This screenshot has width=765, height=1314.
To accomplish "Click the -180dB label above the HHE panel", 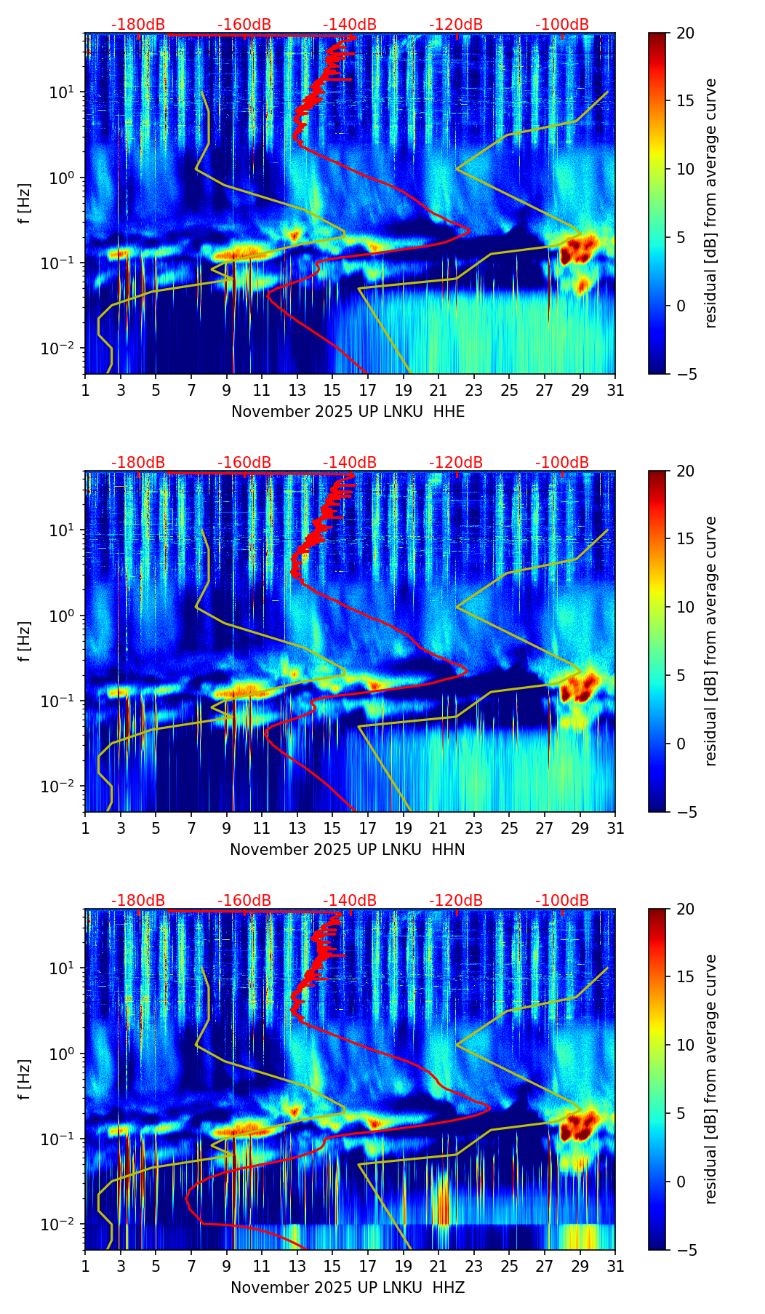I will [x=138, y=25].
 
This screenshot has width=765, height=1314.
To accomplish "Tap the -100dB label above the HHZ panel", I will [x=562, y=901].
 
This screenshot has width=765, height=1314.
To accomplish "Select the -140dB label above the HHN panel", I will [x=350, y=463].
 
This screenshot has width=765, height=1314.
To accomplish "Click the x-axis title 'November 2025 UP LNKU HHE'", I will [x=348, y=412].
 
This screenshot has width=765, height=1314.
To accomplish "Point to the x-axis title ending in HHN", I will [x=348, y=850].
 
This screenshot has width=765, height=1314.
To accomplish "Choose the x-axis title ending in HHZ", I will [x=348, y=1288].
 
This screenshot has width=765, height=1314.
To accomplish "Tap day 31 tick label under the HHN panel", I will [x=615, y=829].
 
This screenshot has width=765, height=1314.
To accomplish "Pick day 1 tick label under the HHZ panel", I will [x=86, y=1267].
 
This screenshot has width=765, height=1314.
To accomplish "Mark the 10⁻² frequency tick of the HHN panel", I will [x=61, y=787].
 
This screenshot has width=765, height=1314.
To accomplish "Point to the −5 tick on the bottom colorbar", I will [x=683, y=1250].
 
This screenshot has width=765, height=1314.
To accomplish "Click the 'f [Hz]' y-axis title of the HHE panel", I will [x=25, y=204].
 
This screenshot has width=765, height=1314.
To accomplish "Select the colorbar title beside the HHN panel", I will [x=710, y=641].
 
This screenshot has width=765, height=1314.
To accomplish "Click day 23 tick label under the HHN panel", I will [x=473, y=829].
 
